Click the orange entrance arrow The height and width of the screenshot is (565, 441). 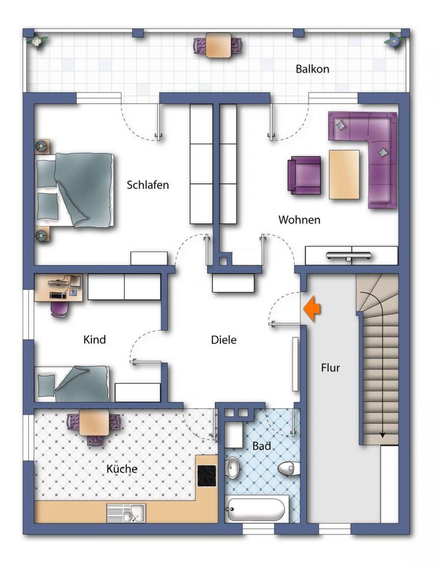pos(312,308)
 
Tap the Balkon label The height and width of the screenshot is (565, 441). pos(312,69)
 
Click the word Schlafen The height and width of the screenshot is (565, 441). pos(148,185)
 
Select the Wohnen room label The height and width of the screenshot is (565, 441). pos(299,219)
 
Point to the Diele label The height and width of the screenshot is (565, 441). pos(224,340)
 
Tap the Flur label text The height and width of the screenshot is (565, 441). pos(331,368)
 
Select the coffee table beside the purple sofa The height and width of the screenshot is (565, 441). pos(344,174)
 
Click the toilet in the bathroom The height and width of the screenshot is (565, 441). pos(289,468)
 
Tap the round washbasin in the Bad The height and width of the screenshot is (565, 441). pos(233,467)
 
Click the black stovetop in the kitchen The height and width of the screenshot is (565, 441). pos(207,476)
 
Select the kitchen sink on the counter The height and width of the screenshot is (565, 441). pos(127,513)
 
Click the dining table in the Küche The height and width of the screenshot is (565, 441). pos(94,423)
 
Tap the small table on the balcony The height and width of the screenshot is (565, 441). pos(218,45)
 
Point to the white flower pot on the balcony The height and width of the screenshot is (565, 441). pos(37,41)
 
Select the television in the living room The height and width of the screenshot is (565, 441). pos(348,256)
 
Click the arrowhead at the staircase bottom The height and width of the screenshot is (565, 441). pos(382,435)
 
